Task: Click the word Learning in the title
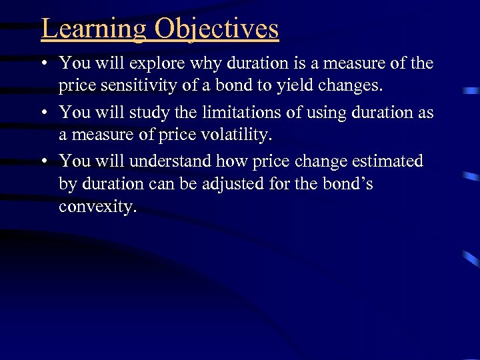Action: click(x=94, y=29)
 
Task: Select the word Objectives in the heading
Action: click(x=217, y=29)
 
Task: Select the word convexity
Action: click(x=97, y=207)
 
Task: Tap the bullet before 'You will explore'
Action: click(x=43, y=65)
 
